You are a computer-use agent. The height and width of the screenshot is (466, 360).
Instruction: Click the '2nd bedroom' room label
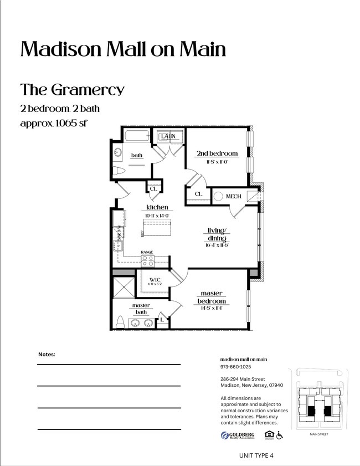[x=217, y=153]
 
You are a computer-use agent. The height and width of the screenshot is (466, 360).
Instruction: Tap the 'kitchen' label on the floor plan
[x=157, y=207]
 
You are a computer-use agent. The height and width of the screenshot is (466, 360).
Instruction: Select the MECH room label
[x=233, y=196]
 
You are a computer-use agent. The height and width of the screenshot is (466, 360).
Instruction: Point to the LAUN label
[x=168, y=136]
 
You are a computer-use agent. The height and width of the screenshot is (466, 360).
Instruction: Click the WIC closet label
[x=155, y=279]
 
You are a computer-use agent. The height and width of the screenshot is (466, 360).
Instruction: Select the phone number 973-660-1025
[x=235, y=367]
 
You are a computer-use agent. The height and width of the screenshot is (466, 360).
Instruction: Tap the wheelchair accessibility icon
[x=280, y=436]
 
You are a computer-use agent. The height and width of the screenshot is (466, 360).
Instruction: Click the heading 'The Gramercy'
[x=73, y=89]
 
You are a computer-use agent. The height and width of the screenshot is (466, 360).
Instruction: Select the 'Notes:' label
[x=47, y=354]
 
